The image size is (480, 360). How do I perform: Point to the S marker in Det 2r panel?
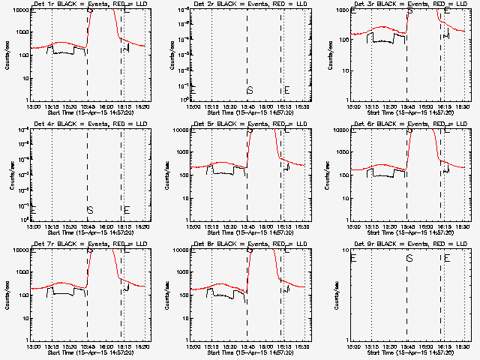[x=250, y=91]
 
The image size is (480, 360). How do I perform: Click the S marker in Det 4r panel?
[x=89, y=210]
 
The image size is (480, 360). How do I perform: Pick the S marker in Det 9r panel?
[x=409, y=258]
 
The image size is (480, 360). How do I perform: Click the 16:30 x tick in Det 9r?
[x=463, y=346]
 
